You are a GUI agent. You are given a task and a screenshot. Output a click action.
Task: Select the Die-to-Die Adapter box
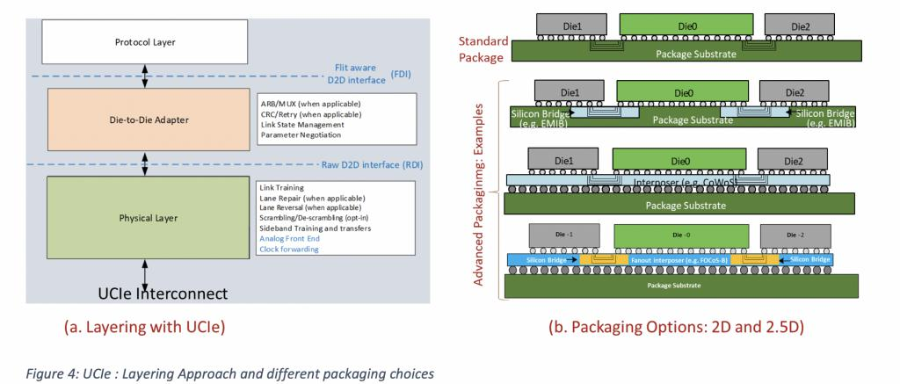pos(133,120)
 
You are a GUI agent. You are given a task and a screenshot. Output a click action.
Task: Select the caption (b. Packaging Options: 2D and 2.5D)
pos(678,328)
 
